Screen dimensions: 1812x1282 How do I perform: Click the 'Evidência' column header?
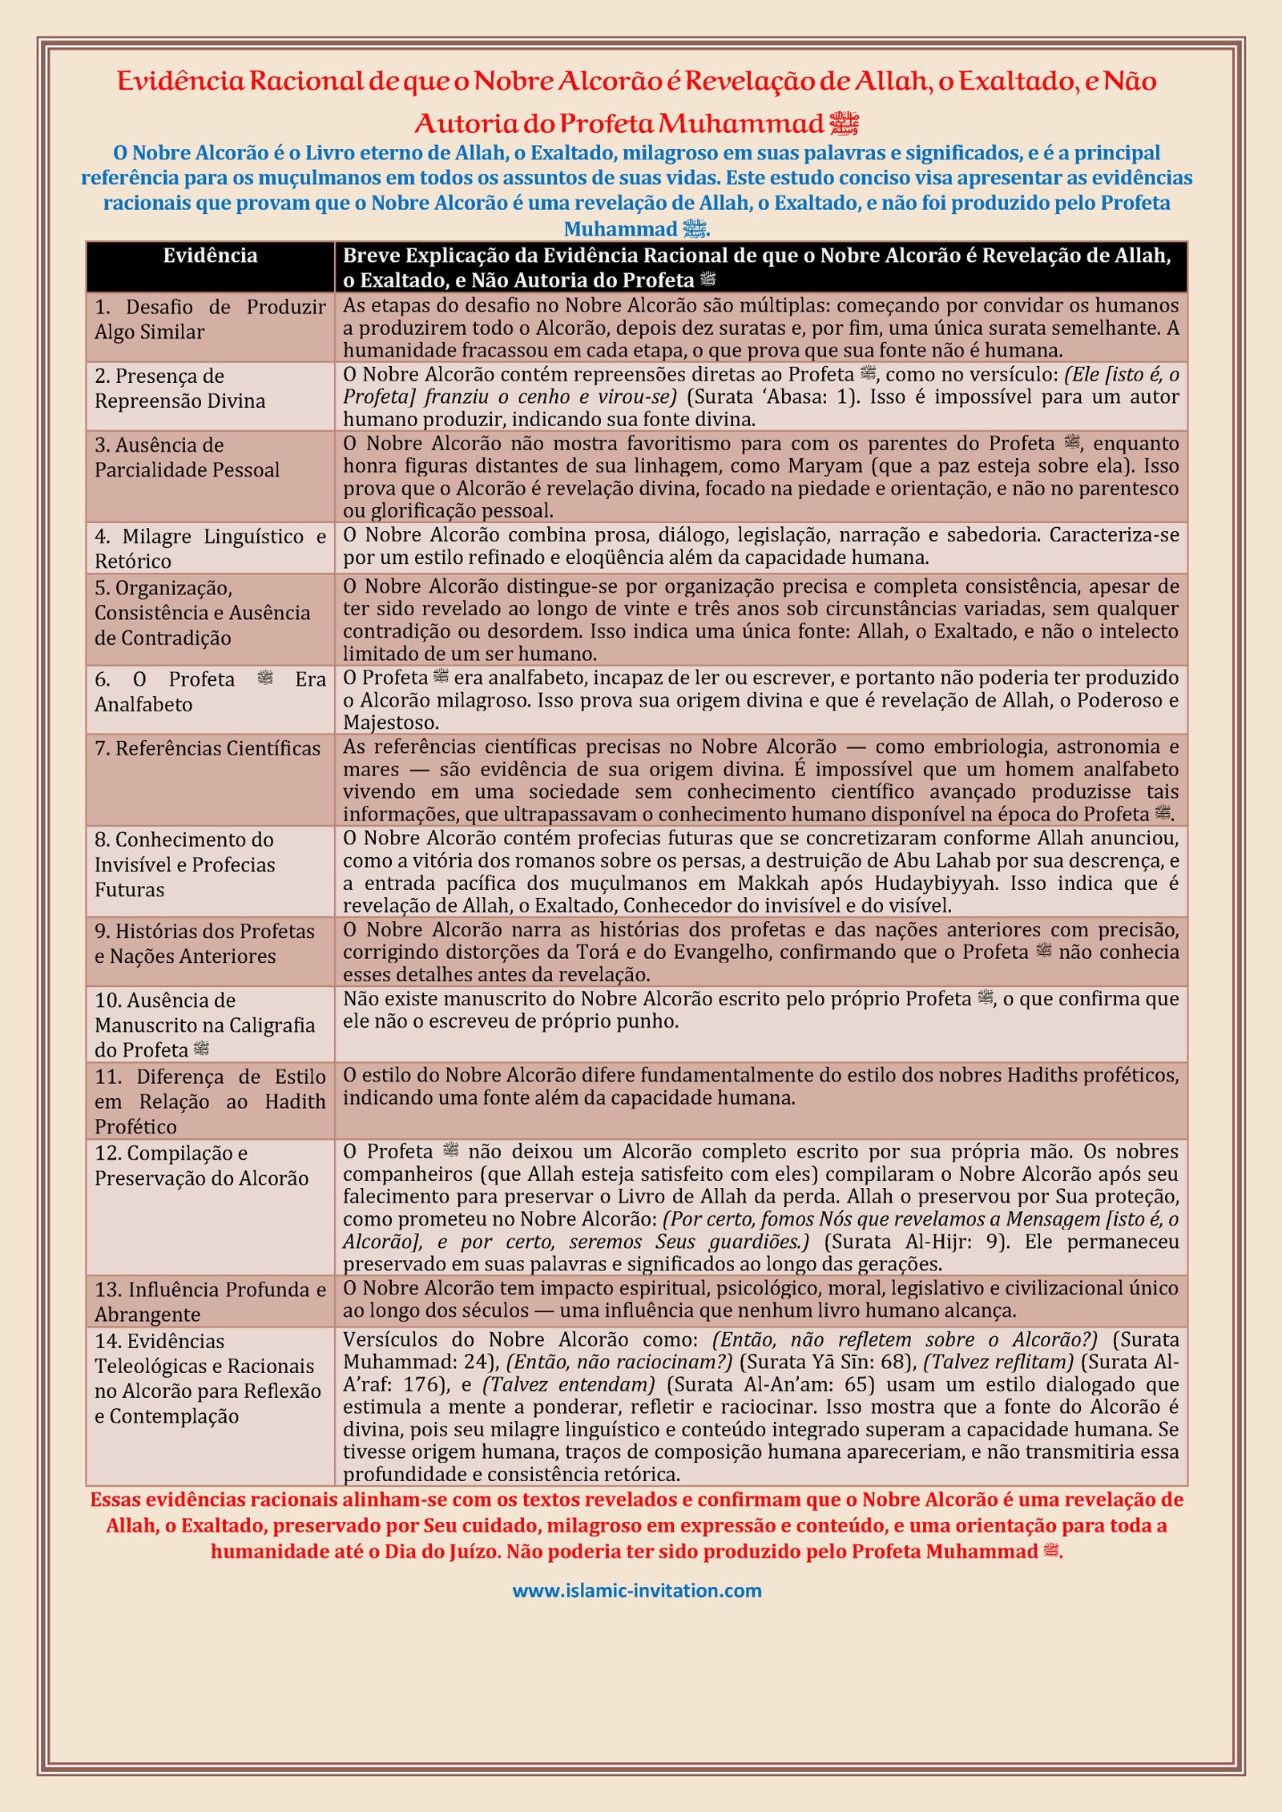tap(210, 256)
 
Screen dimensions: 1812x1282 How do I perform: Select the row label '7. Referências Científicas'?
tap(207, 748)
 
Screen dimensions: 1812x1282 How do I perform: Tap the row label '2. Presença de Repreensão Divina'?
tap(179, 389)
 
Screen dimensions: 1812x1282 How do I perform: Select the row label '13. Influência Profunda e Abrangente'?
tap(210, 1302)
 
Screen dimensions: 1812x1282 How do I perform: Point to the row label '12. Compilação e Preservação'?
tap(201, 1166)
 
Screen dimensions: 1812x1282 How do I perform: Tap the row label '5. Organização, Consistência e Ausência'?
tap(202, 613)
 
